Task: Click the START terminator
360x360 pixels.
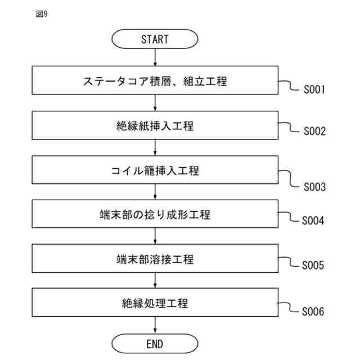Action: tap(155, 39)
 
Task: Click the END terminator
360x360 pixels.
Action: tap(155, 343)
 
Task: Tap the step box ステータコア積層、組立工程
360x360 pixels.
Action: tap(155, 81)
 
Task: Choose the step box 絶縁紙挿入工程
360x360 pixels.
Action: tap(155, 126)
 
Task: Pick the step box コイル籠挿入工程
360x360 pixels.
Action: tap(155, 170)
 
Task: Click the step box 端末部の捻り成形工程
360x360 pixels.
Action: tap(155, 215)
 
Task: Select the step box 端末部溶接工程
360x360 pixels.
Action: tap(155, 259)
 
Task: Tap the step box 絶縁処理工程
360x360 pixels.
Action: tap(155, 304)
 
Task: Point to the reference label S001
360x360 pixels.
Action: tap(315, 90)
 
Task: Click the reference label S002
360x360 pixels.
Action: tap(315, 132)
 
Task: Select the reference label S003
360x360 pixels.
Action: tap(315, 187)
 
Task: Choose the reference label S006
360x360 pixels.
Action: tap(313, 311)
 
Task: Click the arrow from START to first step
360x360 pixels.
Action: tap(155, 58)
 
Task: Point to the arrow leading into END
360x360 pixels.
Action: tap(155, 326)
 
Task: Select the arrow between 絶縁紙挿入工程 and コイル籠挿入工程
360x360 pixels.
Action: tap(155, 148)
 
